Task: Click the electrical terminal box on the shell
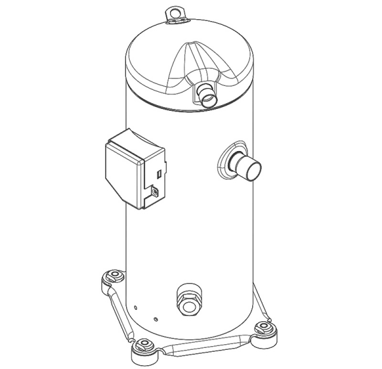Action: coord(135,170)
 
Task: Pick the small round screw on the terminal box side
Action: coord(153,190)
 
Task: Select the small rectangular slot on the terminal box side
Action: coord(159,172)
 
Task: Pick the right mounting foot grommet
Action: coord(265,329)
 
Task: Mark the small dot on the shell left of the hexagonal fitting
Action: coord(155,316)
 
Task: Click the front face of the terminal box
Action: coord(121,175)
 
